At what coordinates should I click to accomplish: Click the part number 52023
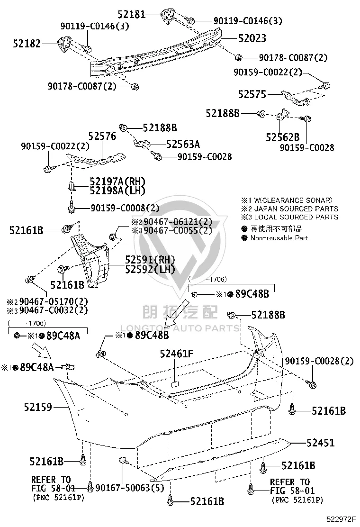pos(252,38)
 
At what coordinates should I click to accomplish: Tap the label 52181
pos(132,14)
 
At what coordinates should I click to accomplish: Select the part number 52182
pos(27,43)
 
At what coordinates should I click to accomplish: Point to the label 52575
pos(252,94)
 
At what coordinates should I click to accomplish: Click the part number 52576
pos(102,136)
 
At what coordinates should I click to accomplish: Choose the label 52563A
pos(183,144)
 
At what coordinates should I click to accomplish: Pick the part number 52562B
pos(282,137)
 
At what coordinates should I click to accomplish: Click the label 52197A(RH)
pos(117,182)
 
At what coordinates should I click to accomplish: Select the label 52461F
pos(177,354)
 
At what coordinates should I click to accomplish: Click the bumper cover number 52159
pos(38,408)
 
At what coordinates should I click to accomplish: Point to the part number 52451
pos(321,443)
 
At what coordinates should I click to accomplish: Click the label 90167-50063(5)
pos(130,488)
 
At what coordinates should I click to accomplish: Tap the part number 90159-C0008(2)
pos(125,208)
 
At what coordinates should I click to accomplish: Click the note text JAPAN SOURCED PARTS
pos(296,209)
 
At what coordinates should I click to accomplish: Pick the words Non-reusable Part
pos(279,238)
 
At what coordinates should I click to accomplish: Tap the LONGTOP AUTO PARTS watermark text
pos(180,328)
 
